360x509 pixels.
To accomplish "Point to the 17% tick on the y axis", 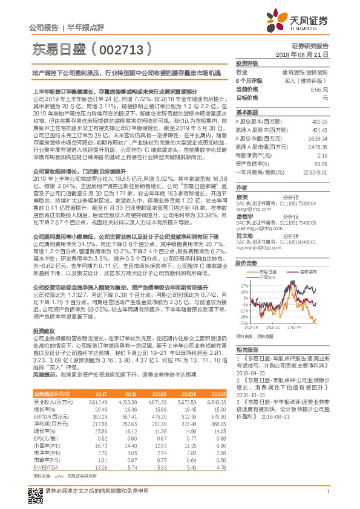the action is click(243, 284).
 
